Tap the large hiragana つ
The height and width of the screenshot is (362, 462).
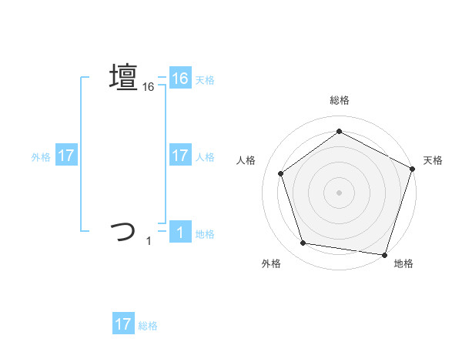(123, 230)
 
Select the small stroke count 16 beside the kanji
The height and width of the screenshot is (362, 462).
(149, 88)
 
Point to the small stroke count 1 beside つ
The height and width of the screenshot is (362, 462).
(149, 242)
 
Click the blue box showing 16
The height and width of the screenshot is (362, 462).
(180, 78)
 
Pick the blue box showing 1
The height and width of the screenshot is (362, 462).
(180, 232)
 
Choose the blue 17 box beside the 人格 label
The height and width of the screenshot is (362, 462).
(180, 155)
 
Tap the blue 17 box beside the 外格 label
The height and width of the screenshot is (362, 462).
(66, 155)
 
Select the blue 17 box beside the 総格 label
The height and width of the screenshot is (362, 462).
(123, 324)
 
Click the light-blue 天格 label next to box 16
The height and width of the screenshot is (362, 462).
(205, 79)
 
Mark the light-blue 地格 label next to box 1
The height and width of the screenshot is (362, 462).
(205, 233)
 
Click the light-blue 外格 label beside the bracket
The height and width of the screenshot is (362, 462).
(41, 156)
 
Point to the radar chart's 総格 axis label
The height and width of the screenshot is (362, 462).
(339, 101)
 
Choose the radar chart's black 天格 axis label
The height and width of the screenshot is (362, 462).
(433, 160)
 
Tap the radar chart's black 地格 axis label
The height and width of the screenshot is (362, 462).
(403, 263)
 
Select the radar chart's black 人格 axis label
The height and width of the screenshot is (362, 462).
(246, 160)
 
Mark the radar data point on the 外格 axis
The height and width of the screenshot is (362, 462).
(303, 243)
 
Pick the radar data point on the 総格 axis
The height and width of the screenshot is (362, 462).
(339, 132)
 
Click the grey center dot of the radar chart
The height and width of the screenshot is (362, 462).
(339, 192)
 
